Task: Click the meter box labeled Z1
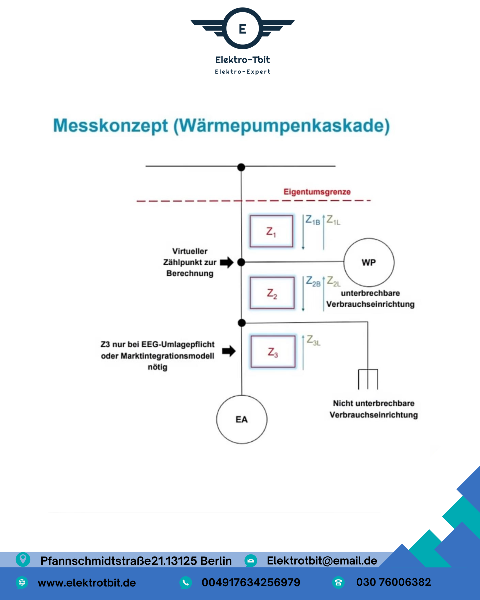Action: pyautogui.click(x=271, y=231)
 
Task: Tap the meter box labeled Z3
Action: pyautogui.click(x=273, y=352)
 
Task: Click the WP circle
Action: pyautogui.click(x=369, y=262)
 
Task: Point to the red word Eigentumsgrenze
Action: pyautogui.click(x=317, y=192)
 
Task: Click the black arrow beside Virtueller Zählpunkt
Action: pyautogui.click(x=227, y=262)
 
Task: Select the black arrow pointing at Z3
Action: pyautogui.click(x=229, y=351)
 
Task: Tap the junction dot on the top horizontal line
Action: pyautogui.click(x=241, y=167)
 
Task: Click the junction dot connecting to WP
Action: pyautogui.click(x=241, y=262)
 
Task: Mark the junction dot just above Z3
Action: pyautogui.click(x=242, y=323)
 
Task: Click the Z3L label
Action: pyautogui.click(x=313, y=340)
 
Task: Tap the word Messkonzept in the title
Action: pyautogui.click(x=110, y=125)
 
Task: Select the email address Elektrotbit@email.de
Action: pyautogui.click(x=322, y=560)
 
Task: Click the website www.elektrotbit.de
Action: pyautogui.click(x=87, y=582)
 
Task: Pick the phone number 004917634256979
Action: pyautogui.click(x=251, y=582)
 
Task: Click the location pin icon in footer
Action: pyautogui.click(x=23, y=559)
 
